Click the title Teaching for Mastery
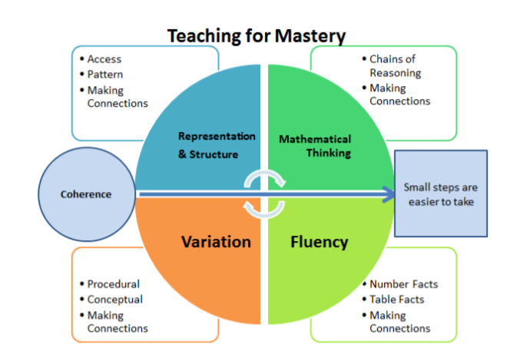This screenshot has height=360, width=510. point(257,36)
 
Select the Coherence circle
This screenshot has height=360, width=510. point(87,194)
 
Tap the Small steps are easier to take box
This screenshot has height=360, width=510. point(441,193)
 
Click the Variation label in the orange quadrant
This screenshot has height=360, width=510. point(217,242)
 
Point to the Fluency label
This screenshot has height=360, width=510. point(319,242)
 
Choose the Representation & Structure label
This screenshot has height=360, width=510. point(217,145)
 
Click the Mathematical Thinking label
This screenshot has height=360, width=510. point(315,146)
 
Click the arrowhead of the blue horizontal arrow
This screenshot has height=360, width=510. point(389,194)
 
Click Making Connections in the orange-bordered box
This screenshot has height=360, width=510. point(118,322)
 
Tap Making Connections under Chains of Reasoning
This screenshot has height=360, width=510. point(399,94)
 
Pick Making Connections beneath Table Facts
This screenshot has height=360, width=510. point(399,322)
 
